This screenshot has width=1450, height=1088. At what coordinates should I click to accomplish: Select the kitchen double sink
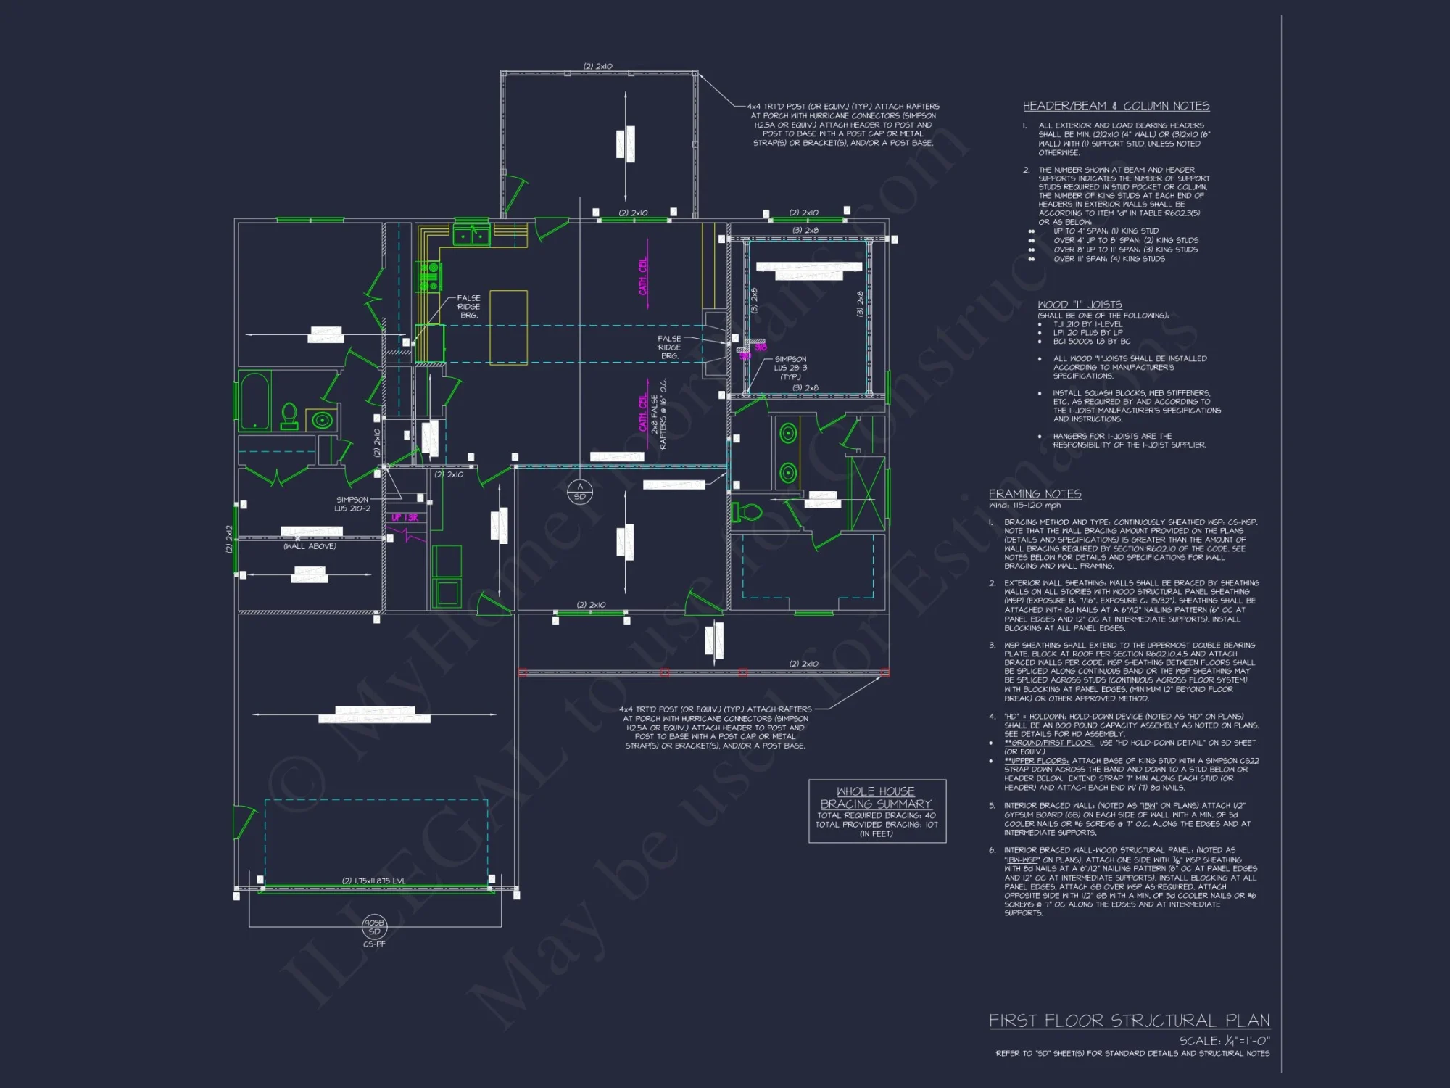pos(471,236)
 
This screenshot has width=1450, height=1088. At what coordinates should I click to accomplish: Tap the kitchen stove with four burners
pos(429,277)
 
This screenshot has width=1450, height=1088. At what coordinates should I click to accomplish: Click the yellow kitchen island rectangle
pos(508,326)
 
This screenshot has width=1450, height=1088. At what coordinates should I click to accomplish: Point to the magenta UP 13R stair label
pos(405,517)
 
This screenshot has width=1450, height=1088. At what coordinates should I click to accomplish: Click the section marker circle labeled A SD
pos(579,492)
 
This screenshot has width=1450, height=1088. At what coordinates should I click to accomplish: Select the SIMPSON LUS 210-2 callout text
pos(352,504)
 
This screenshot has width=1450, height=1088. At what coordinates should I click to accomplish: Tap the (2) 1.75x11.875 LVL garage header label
pos(374,881)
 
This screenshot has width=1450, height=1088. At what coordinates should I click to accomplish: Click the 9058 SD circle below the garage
pos(374,927)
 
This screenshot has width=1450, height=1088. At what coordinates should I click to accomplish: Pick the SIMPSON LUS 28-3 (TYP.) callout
pos(790,368)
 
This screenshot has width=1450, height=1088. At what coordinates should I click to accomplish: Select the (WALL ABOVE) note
pos(310,546)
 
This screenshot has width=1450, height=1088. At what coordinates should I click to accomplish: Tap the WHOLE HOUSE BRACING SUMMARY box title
pos(876,798)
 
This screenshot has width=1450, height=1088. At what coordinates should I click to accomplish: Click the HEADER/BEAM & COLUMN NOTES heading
pos(1116,106)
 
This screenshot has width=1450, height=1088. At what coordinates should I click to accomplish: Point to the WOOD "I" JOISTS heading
pos(1080,305)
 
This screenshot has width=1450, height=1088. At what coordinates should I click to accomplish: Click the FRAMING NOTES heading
pos(1035,494)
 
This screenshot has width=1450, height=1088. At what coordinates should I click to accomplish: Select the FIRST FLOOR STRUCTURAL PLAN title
pos(1129,1021)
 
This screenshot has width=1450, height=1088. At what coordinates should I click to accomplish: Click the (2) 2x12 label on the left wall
pos(230,539)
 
